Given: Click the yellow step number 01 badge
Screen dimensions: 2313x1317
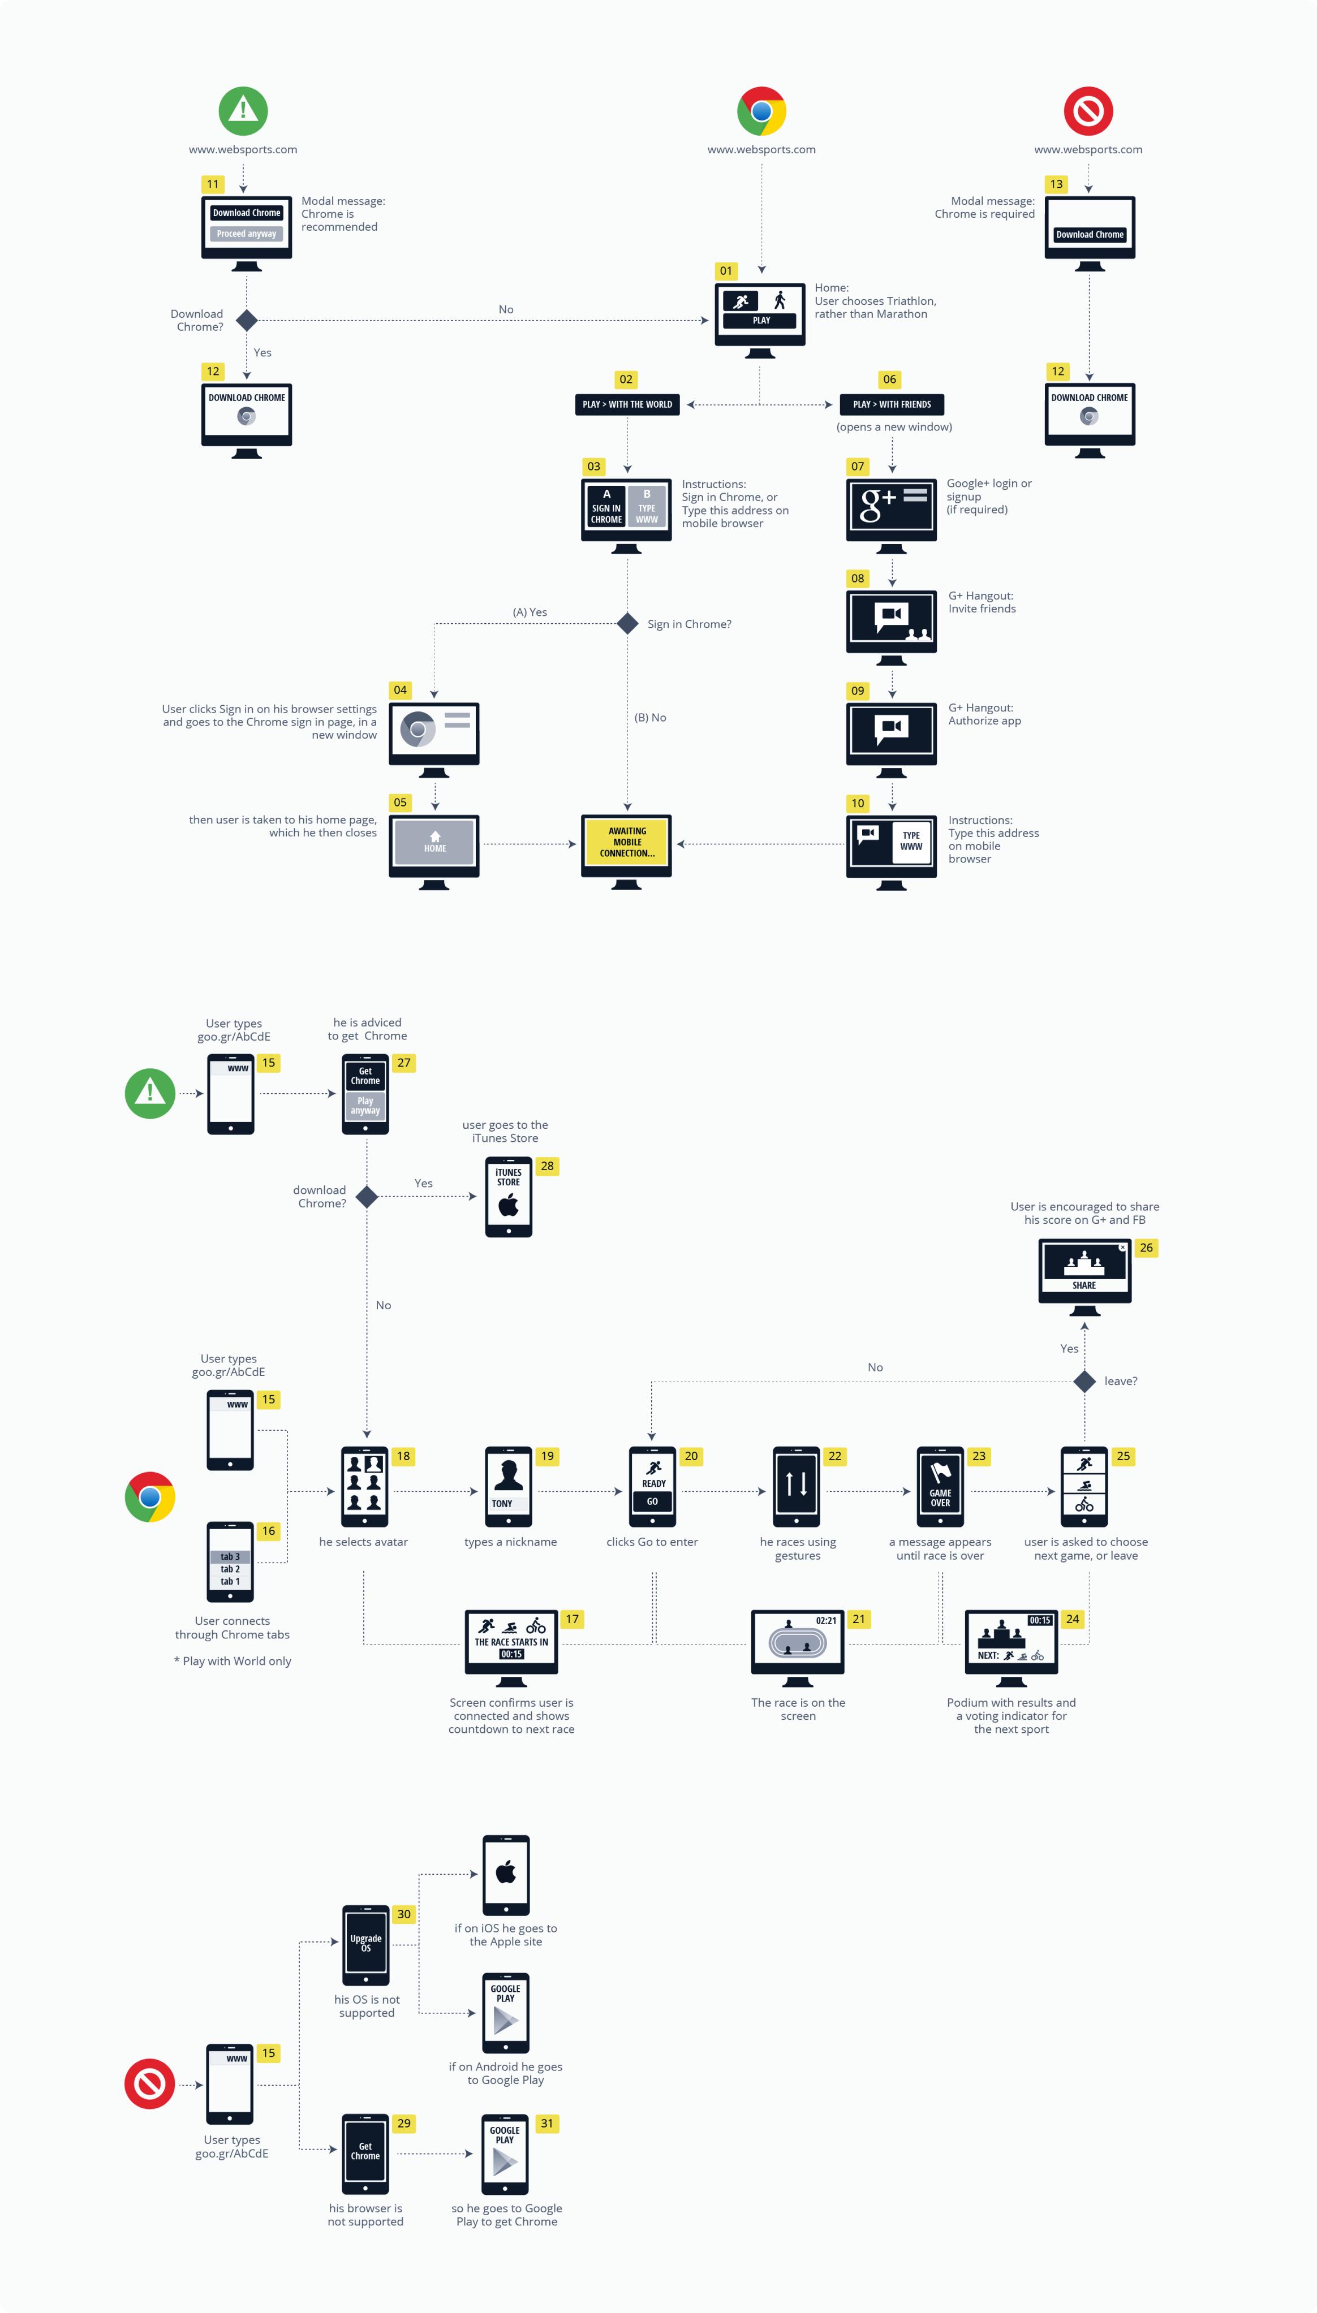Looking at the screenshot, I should pos(725,270).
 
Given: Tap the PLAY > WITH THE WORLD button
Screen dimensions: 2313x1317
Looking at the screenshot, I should pos(627,404).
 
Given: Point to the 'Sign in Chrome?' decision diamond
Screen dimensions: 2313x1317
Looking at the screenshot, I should pos(627,623).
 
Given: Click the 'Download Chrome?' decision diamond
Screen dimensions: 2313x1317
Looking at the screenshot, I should pos(246,320).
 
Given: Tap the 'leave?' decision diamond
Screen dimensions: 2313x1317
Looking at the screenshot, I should pos(1083,1381).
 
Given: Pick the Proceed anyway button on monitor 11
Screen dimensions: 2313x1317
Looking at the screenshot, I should pos(246,234).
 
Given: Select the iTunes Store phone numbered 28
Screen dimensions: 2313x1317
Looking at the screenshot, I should pos(509,1196).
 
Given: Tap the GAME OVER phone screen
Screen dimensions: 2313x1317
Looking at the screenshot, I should pos(940,1486).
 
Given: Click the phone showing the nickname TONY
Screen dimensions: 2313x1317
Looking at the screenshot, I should pos(509,1486).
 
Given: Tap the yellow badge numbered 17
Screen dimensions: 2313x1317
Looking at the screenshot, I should pos(572,1619).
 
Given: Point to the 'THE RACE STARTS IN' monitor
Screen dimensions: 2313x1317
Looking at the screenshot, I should pos(511,1641).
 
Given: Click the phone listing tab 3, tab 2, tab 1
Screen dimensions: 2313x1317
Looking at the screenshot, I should pos(231,1561).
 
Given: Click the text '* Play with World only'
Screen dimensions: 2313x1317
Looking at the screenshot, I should pos(233,1660).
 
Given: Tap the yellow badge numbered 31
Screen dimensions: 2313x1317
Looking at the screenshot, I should pos(546,2122).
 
